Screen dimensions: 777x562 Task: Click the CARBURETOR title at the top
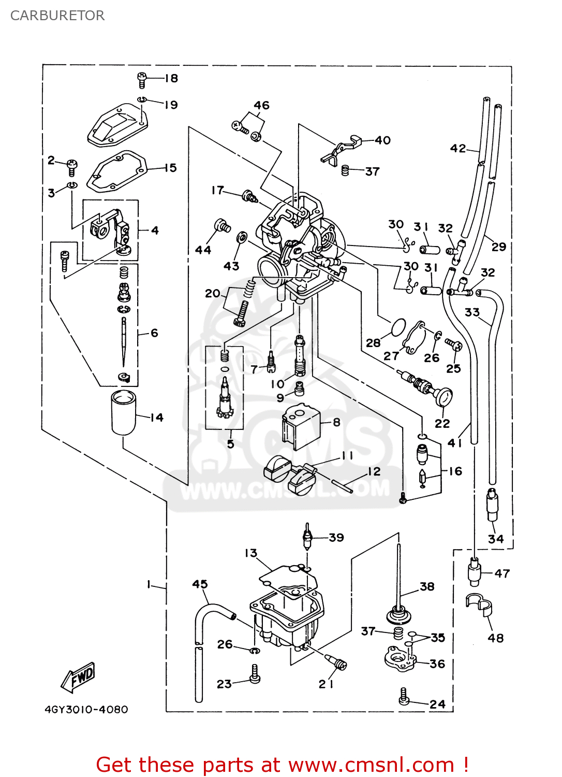(57, 16)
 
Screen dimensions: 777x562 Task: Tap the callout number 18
(171, 78)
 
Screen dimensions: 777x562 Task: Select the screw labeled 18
(142, 80)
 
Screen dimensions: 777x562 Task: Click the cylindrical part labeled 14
(124, 412)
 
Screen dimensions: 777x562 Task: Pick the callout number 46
(261, 105)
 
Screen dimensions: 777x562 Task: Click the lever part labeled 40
(342, 148)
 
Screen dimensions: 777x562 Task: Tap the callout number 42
(458, 149)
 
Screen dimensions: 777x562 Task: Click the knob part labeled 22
(443, 397)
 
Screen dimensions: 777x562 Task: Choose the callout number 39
(336, 538)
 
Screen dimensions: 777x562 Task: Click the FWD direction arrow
(78, 678)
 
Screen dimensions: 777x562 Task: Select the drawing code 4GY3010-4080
(86, 710)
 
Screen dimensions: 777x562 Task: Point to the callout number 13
(251, 553)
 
